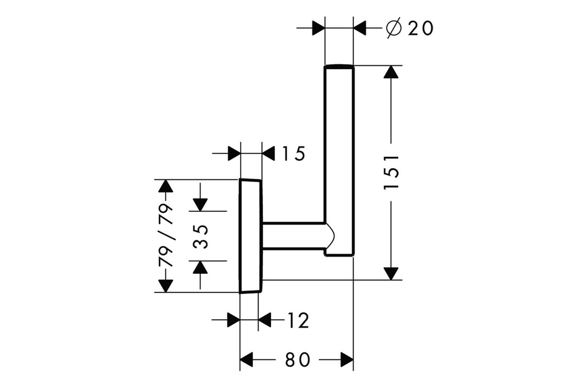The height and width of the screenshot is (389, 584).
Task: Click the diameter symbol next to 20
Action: click(x=394, y=28)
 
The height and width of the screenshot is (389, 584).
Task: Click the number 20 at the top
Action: click(x=421, y=28)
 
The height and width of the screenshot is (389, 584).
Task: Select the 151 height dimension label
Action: click(x=391, y=172)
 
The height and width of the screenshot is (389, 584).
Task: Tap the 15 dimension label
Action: click(x=294, y=154)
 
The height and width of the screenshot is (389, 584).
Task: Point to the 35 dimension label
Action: click(x=201, y=237)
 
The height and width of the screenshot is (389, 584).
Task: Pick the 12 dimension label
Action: click(x=298, y=320)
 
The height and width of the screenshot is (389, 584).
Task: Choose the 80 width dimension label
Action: click(x=297, y=360)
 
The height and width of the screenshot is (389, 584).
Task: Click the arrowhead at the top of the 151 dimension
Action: click(x=391, y=71)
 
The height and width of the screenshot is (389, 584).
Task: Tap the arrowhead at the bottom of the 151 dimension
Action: click(x=391, y=274)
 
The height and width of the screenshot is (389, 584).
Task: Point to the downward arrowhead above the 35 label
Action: click(x=200, y=205)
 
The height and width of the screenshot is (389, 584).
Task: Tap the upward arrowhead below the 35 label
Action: click(x=200, y=267)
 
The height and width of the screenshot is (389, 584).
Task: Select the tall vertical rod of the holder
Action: click(x=339, y=160)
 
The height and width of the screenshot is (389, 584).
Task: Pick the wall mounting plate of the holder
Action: click(x=250, y=236)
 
